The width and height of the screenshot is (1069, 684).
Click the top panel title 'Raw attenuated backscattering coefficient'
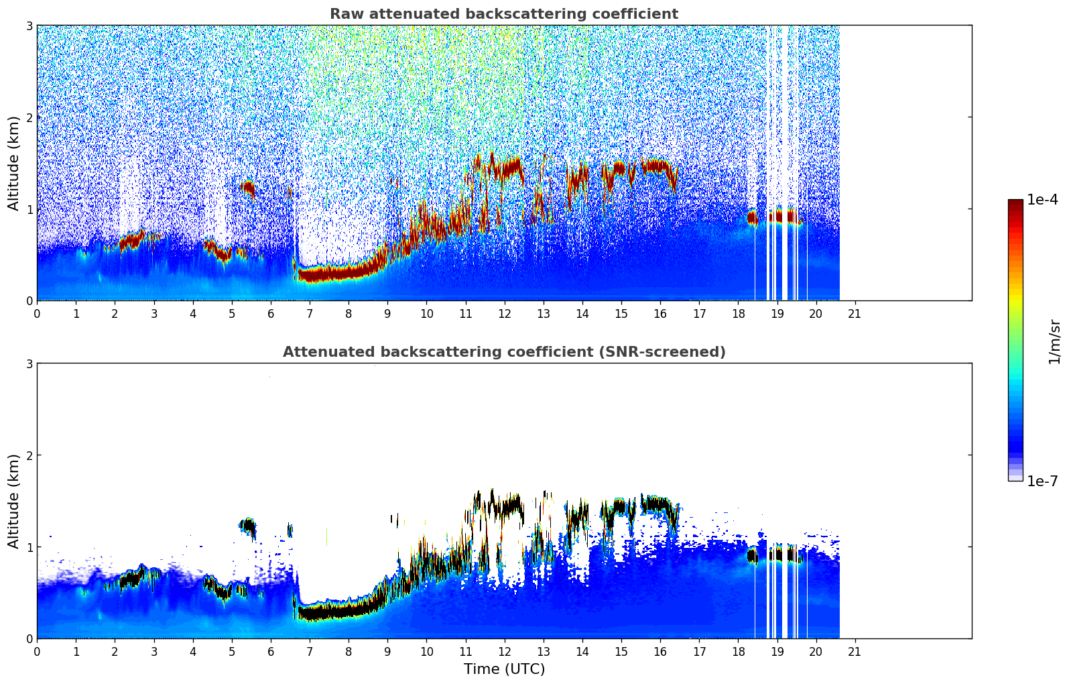(504, 14)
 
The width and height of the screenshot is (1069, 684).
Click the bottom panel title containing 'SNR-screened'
(504, 352)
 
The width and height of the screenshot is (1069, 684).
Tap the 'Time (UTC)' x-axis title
(504, 669)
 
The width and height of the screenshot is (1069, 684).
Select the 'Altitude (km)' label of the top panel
(14, 163)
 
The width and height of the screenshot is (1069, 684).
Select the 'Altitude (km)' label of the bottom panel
(14, 501)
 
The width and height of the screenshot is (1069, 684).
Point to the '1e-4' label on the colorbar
(1042, 200)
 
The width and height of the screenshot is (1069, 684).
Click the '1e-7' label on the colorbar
(1042, 481)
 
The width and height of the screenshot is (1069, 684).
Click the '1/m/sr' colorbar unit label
(1054, 342)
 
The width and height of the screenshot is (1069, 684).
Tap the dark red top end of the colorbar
(1015, 203)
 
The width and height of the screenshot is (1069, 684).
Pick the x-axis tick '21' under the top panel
(855, 313)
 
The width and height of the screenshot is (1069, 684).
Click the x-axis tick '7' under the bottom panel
(310, 651)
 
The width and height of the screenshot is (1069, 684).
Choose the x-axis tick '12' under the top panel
(504, 313)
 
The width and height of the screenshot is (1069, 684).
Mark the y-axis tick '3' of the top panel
(29, 25)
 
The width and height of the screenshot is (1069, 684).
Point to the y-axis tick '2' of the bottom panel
(29, 455)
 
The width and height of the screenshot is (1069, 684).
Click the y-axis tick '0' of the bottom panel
(29, 638)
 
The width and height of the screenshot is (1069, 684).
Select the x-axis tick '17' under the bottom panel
(699, 651)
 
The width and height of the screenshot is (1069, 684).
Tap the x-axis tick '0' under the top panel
(37, 313)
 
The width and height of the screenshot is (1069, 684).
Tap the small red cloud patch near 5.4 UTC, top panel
(248, 189)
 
